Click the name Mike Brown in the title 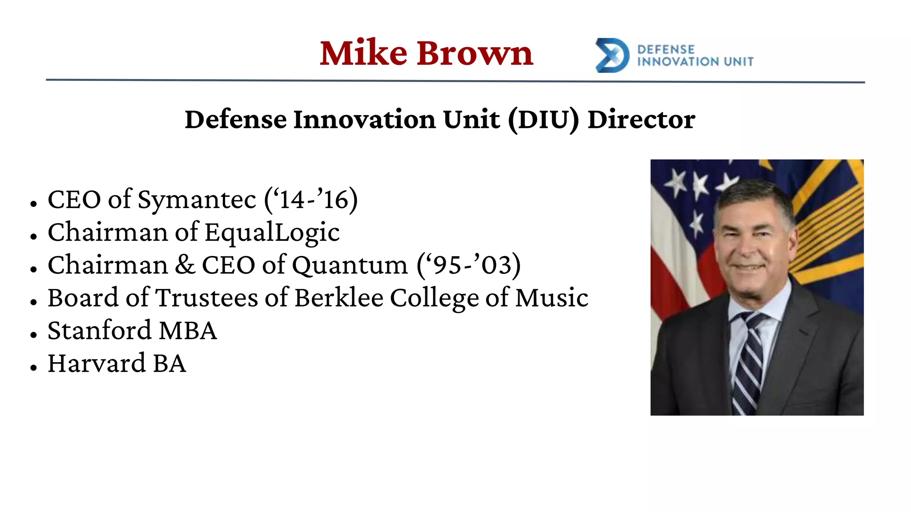(426, 53)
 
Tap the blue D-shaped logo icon (612, 56)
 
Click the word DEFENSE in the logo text (665, 49)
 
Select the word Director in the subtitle (641, 120)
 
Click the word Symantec (197, 200)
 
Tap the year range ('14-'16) (311, 200)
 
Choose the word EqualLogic (272, 232)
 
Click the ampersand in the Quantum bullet (185, 265)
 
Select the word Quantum (350, 265)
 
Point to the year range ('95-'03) (468, 265)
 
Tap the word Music (552, 298)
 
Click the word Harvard (97, 364)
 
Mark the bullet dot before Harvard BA (33, 368)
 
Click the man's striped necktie (750, 360)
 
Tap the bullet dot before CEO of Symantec (33, 204)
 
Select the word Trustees (206, 298)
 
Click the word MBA (188, 331)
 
